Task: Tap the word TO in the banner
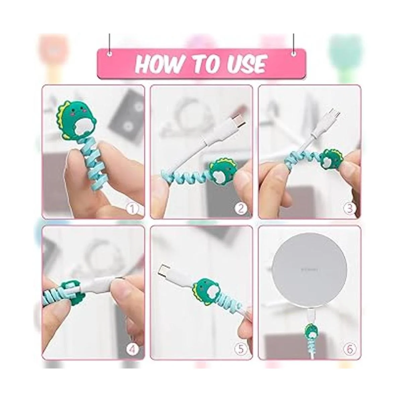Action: click(201, 63)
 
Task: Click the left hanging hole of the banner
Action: click(109, 54)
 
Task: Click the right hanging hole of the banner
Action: click(294, 54)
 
